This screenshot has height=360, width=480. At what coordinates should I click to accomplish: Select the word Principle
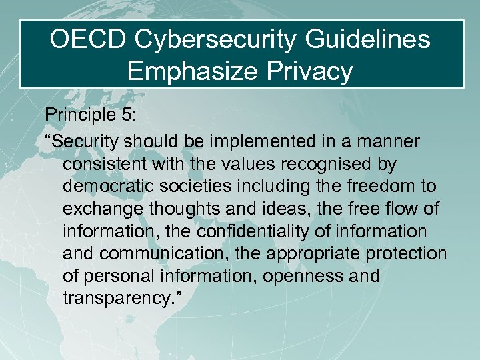coord(76,115)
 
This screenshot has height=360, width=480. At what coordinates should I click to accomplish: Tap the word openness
coord(294,276)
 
